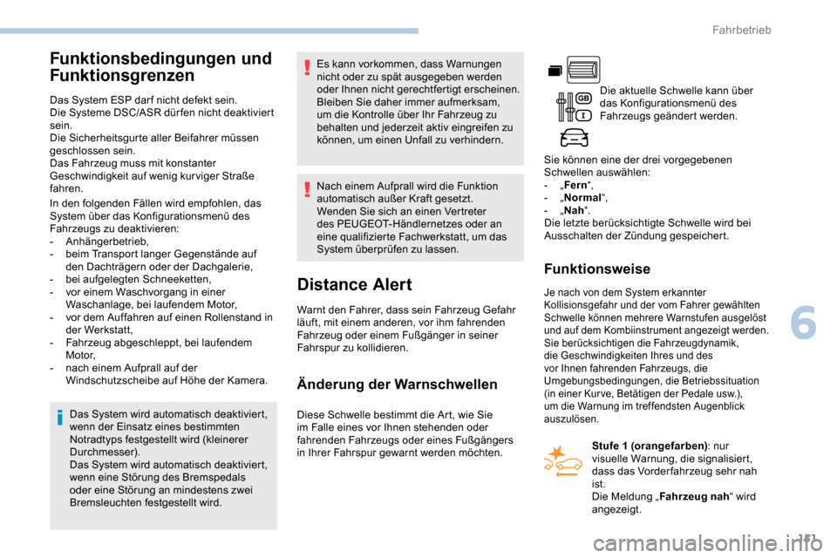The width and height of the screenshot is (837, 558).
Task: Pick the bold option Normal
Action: [582, 198]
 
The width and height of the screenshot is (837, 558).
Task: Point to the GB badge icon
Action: [584, 98]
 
